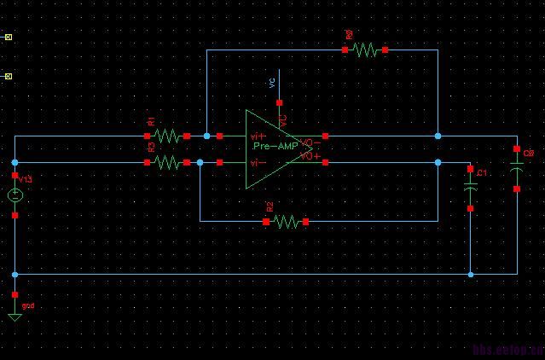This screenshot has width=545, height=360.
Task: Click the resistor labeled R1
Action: [x=167, y=136]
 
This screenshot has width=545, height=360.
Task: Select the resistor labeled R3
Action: [x=167, y=162]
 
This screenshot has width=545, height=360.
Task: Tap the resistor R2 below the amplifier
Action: [x=286, y=221]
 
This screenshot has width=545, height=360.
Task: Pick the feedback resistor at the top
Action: [x=365, y=50]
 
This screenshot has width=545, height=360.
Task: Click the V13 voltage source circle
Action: [x=15, y=195]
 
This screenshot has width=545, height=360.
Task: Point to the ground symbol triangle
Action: [x=14, y=316]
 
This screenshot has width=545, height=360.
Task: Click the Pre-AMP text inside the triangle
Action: [x=275, y=147]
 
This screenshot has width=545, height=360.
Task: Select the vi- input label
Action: [x=256, y=161]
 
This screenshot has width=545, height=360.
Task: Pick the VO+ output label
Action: [x=310, y=156]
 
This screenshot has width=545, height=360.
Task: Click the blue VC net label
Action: [x=272, y=83]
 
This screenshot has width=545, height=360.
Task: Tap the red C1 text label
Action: [x=482, y=173]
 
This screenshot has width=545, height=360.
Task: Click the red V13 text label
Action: [x=25, y=179]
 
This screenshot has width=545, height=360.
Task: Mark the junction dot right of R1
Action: [x=206, y=136]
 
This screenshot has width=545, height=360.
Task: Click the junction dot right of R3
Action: [x=200, y=162]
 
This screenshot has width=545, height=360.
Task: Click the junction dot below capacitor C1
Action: [x=470, y=274]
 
